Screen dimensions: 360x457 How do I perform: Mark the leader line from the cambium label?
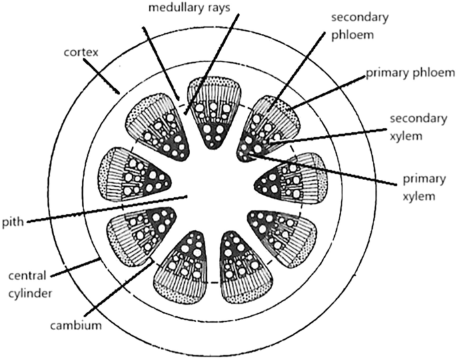[x=120, y=293]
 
